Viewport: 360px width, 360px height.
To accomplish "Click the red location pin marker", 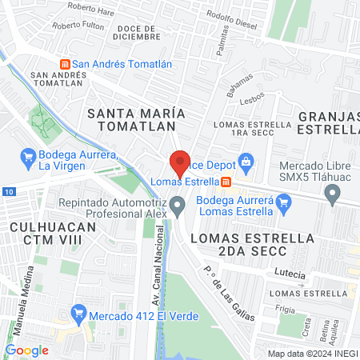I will (x=180, y=163).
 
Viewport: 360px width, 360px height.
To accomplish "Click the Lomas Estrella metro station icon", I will (x=226, y=181).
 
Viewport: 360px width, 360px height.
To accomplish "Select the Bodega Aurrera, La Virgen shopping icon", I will (x=28, y=155).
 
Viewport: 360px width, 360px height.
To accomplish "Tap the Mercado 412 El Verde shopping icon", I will (x=78, y=311).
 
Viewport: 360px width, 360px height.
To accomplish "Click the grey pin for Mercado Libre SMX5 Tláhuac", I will (x=335, y=191).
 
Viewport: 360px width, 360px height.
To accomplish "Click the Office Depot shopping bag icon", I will (x=246, y=164).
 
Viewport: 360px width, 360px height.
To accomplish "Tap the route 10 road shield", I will (x=7, y=192).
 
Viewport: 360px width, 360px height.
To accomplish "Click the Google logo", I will (x=26, y=350).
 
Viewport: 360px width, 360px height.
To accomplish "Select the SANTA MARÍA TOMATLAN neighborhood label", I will (x=136, y=119).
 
